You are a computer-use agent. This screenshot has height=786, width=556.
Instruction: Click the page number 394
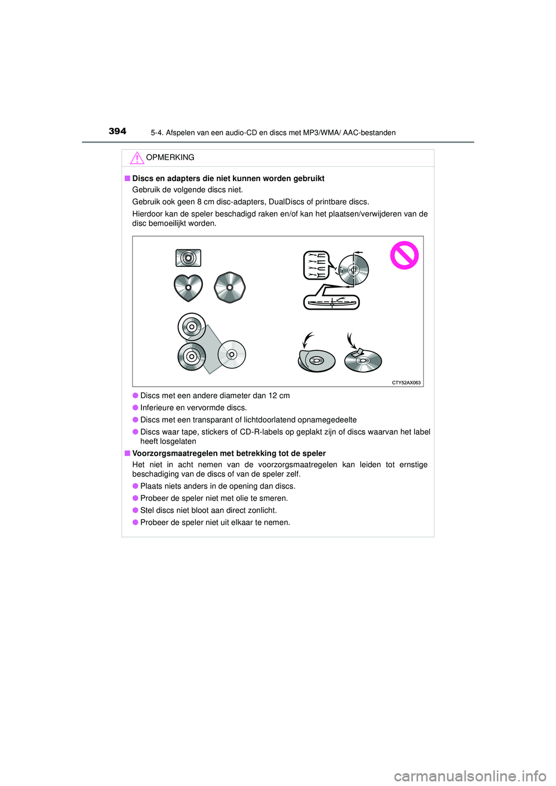pyautogui.click(x=118, y=131)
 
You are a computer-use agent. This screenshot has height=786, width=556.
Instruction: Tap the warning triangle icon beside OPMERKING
pyautogui.click(x=137, y=157)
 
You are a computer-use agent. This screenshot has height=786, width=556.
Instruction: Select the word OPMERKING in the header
pyautogui.click(x=170, y=157)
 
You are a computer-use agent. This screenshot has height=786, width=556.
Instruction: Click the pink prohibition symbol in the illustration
pyautogui.click(x=404, y=255)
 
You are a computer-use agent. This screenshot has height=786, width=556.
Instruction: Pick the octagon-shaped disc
pyautogui.click(x=230, y=288)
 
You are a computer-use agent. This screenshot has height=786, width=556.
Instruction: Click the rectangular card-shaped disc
pyautogui.click(x=188, y=258)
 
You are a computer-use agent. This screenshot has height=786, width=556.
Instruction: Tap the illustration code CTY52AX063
pyautogui.click(x=406, y=383)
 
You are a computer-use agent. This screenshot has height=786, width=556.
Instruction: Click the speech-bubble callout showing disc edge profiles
pyautogui.click(x=317, y=265)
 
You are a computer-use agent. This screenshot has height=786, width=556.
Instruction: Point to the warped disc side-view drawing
pyautogui.click(x=331, y=302)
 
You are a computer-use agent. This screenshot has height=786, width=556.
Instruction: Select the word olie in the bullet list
pyautogui.click(x=240, y=498)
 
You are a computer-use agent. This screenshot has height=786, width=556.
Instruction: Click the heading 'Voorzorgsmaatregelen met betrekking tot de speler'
pyautogui.click(x=229, y=454)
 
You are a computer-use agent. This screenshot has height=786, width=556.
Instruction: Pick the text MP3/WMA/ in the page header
pyautogui.click(x=321, y=133)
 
